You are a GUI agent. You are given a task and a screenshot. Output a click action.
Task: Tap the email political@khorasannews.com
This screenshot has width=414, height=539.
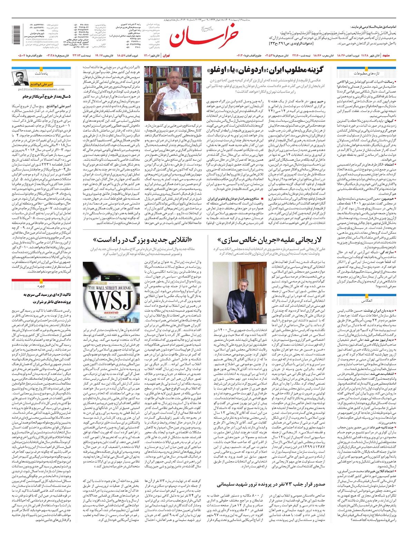pyautogui.click(x=42, y=89)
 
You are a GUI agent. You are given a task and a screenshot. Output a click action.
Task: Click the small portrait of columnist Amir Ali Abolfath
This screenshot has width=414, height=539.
pyautogui.click(x=21, y=78)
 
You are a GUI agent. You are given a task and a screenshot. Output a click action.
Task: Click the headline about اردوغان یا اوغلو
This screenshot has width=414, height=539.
pyautogui.click(x=266, y=70)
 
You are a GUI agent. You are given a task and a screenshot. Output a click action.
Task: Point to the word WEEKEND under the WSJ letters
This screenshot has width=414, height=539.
pyautogui.click(x=108, y=312)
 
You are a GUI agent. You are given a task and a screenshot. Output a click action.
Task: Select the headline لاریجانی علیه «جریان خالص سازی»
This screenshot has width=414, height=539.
pyautogui.click(x=269, y=240)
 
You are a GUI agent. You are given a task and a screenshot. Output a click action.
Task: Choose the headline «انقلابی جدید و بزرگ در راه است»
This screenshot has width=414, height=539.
pyautogui.click(x=142, y=240)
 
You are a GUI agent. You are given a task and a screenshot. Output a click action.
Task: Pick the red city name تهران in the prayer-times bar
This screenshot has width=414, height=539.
pyautogui.click(x=167, y=55)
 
